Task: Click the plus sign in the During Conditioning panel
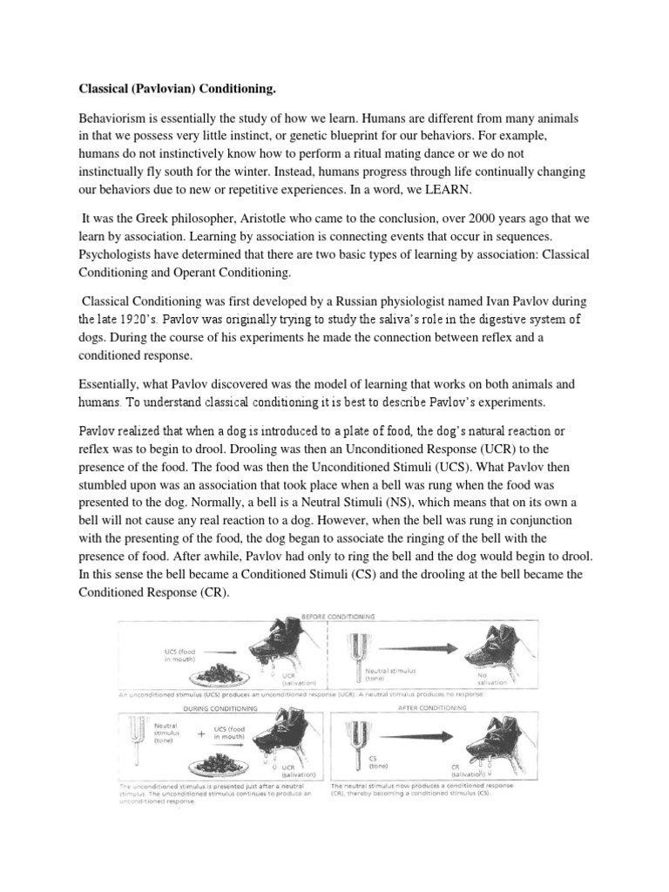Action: click(202, 734)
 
